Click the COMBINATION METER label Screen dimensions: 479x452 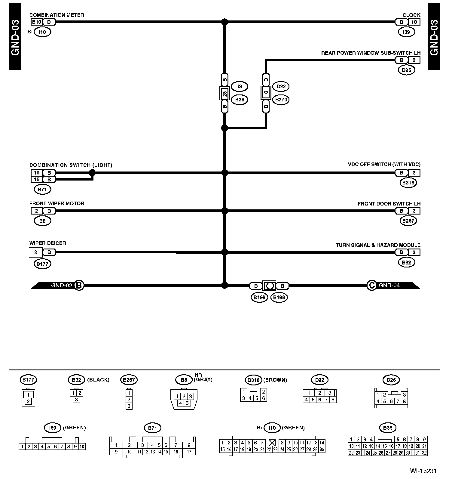pyautogui.click(x=56, y=15)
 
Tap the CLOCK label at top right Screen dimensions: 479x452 pyautogui.click(x=411, y=15)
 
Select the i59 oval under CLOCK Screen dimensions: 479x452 pyautogui.click(x=406, y=32)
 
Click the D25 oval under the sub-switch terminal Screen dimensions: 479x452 pyautogui.click(x=406, y=70)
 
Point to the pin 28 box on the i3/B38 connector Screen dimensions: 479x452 pyautogui.click(x=224, y=93)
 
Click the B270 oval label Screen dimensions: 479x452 pyautogui.click(x=281, y=100)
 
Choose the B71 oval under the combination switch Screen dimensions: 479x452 pyautogui.click(x=43, y=190)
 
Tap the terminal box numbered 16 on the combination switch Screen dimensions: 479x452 pyautogui.click(x=37, y=180)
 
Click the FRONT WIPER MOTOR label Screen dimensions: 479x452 pyautogui.click(x=57, y=203)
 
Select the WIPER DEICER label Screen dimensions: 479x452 pyautogui.click(x=47, y=243)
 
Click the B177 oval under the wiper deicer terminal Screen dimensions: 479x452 pyautogui.click(x=43, y=264)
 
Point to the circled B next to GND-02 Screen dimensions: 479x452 pyautogui.click(x=79, y=285)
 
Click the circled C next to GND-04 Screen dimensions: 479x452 pyautogui.click(x=372, y=285)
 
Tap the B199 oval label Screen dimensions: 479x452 pyautogui.click(x=259, y=298)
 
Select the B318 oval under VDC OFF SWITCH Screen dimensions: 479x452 pyautogui.click(x=408, y=183)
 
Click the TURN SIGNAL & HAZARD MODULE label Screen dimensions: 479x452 pyautogui.click(x=378, y=245)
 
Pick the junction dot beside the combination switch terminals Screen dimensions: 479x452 pyautogui.click(x=92, y=173)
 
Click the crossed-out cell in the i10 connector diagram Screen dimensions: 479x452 pyautogui.click(x=272, y=443)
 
